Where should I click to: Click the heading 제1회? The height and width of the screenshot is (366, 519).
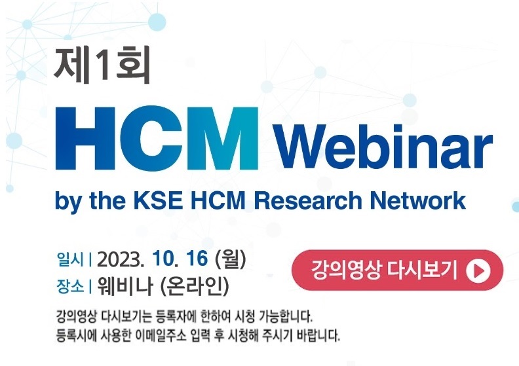pos(102,64)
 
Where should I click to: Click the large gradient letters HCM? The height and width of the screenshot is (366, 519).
pos(157,138)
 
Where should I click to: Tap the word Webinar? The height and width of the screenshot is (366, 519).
pos(384,146)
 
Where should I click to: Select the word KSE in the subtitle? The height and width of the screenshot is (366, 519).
pos(158,200)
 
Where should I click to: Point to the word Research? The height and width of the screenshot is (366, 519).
pos(308,200)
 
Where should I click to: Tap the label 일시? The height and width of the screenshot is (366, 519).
pos(70,259)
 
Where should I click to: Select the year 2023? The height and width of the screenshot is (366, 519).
pos(121,259)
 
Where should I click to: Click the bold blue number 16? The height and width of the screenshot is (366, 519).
pos(197,259)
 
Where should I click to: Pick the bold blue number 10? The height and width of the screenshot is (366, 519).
pos(165,259)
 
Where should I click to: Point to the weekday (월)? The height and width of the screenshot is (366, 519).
pos(231,259)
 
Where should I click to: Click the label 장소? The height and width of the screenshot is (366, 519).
pos(70,285)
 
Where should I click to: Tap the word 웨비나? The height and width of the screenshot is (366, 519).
pos(125,285)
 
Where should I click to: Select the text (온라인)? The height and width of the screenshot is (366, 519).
pos(194,286)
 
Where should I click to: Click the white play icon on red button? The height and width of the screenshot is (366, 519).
pos(478,271)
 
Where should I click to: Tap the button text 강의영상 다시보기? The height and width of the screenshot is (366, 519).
pos(384,270)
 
